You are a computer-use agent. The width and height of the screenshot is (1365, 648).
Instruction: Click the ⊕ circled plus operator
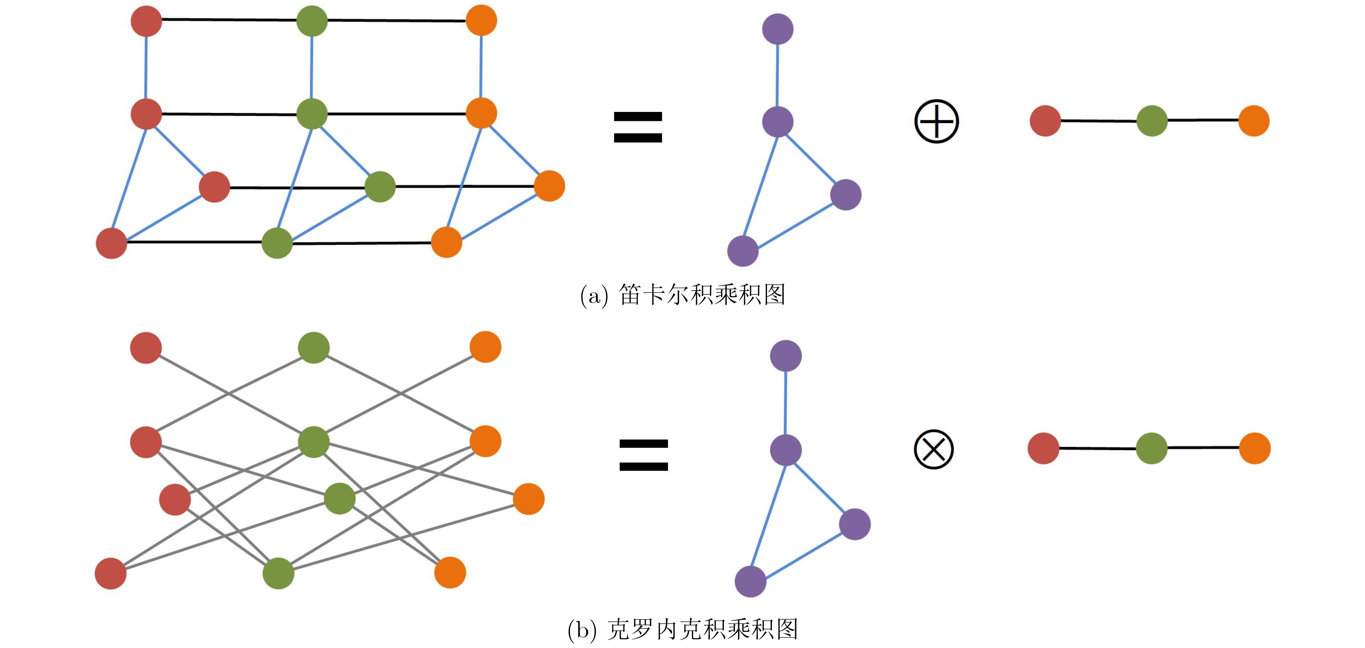click(936, 121)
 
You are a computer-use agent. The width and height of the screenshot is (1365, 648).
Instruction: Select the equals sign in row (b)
click(644, 455)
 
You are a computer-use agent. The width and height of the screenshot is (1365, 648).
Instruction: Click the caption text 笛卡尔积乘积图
click(702, 295)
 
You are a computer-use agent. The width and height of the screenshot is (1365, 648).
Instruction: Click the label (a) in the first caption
click(593, 296)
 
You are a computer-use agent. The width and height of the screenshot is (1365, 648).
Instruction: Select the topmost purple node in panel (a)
click(777, 29)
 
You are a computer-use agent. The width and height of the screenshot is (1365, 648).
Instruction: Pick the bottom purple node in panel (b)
click(750, 581)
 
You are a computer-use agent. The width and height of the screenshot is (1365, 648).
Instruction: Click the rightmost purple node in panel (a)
click(846, 195)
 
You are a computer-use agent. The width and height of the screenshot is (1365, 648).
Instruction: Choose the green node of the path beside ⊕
click(1152, 121)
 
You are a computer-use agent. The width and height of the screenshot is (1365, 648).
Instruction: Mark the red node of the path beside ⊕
click(1045, 121)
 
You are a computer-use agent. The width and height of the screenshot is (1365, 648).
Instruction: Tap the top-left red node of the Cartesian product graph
click(146, 21)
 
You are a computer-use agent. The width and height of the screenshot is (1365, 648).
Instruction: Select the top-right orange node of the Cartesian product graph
click(481, 21)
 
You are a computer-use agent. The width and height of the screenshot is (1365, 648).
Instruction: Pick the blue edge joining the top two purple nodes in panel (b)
click(785, 403)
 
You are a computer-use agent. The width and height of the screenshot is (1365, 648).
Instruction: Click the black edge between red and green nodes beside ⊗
click(1097, 449)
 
